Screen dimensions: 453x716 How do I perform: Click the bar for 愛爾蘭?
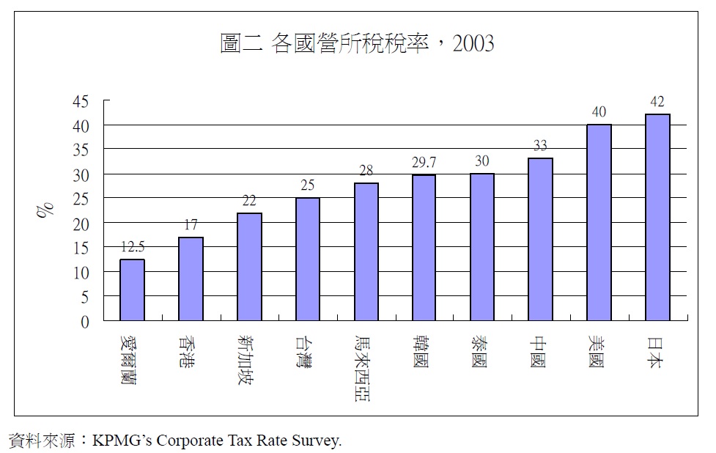click(133, 290)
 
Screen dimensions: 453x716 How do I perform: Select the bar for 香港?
click(191, 279)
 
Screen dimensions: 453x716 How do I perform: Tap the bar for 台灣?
click(308, 259)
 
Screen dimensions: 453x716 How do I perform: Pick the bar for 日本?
click(657, 218)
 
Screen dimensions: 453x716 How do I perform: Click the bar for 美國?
click(599, 223)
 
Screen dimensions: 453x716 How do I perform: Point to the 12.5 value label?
click(133, 248)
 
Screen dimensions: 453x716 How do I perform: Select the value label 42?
click(657, 102)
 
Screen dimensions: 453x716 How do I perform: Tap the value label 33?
click(540, 146)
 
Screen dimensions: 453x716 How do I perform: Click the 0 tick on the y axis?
click(85, 321)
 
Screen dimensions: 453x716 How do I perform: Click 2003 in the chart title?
click(473, 44)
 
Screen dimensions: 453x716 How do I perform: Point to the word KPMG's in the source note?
click(122, 441)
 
